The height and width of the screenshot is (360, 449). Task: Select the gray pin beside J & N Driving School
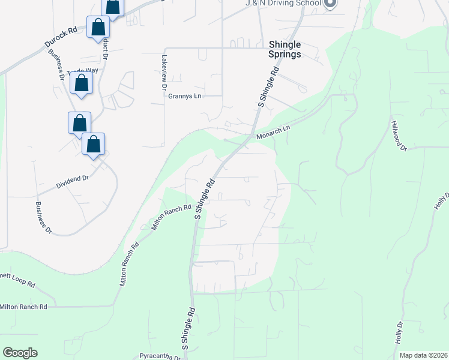click(330, 4)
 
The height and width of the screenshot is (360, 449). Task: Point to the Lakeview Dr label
click(164, 73)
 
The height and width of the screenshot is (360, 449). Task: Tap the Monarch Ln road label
click(274, 132)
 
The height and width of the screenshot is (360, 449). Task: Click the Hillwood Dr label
click(399, 135)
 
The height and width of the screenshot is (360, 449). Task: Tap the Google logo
click(20, 353)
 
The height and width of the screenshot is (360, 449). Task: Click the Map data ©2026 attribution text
click(423, 355)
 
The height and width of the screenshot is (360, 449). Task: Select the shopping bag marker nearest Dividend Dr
click(93, 145)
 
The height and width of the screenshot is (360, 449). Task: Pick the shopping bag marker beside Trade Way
click(82, 83)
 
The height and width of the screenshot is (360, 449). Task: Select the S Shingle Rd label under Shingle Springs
click(268, 87)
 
